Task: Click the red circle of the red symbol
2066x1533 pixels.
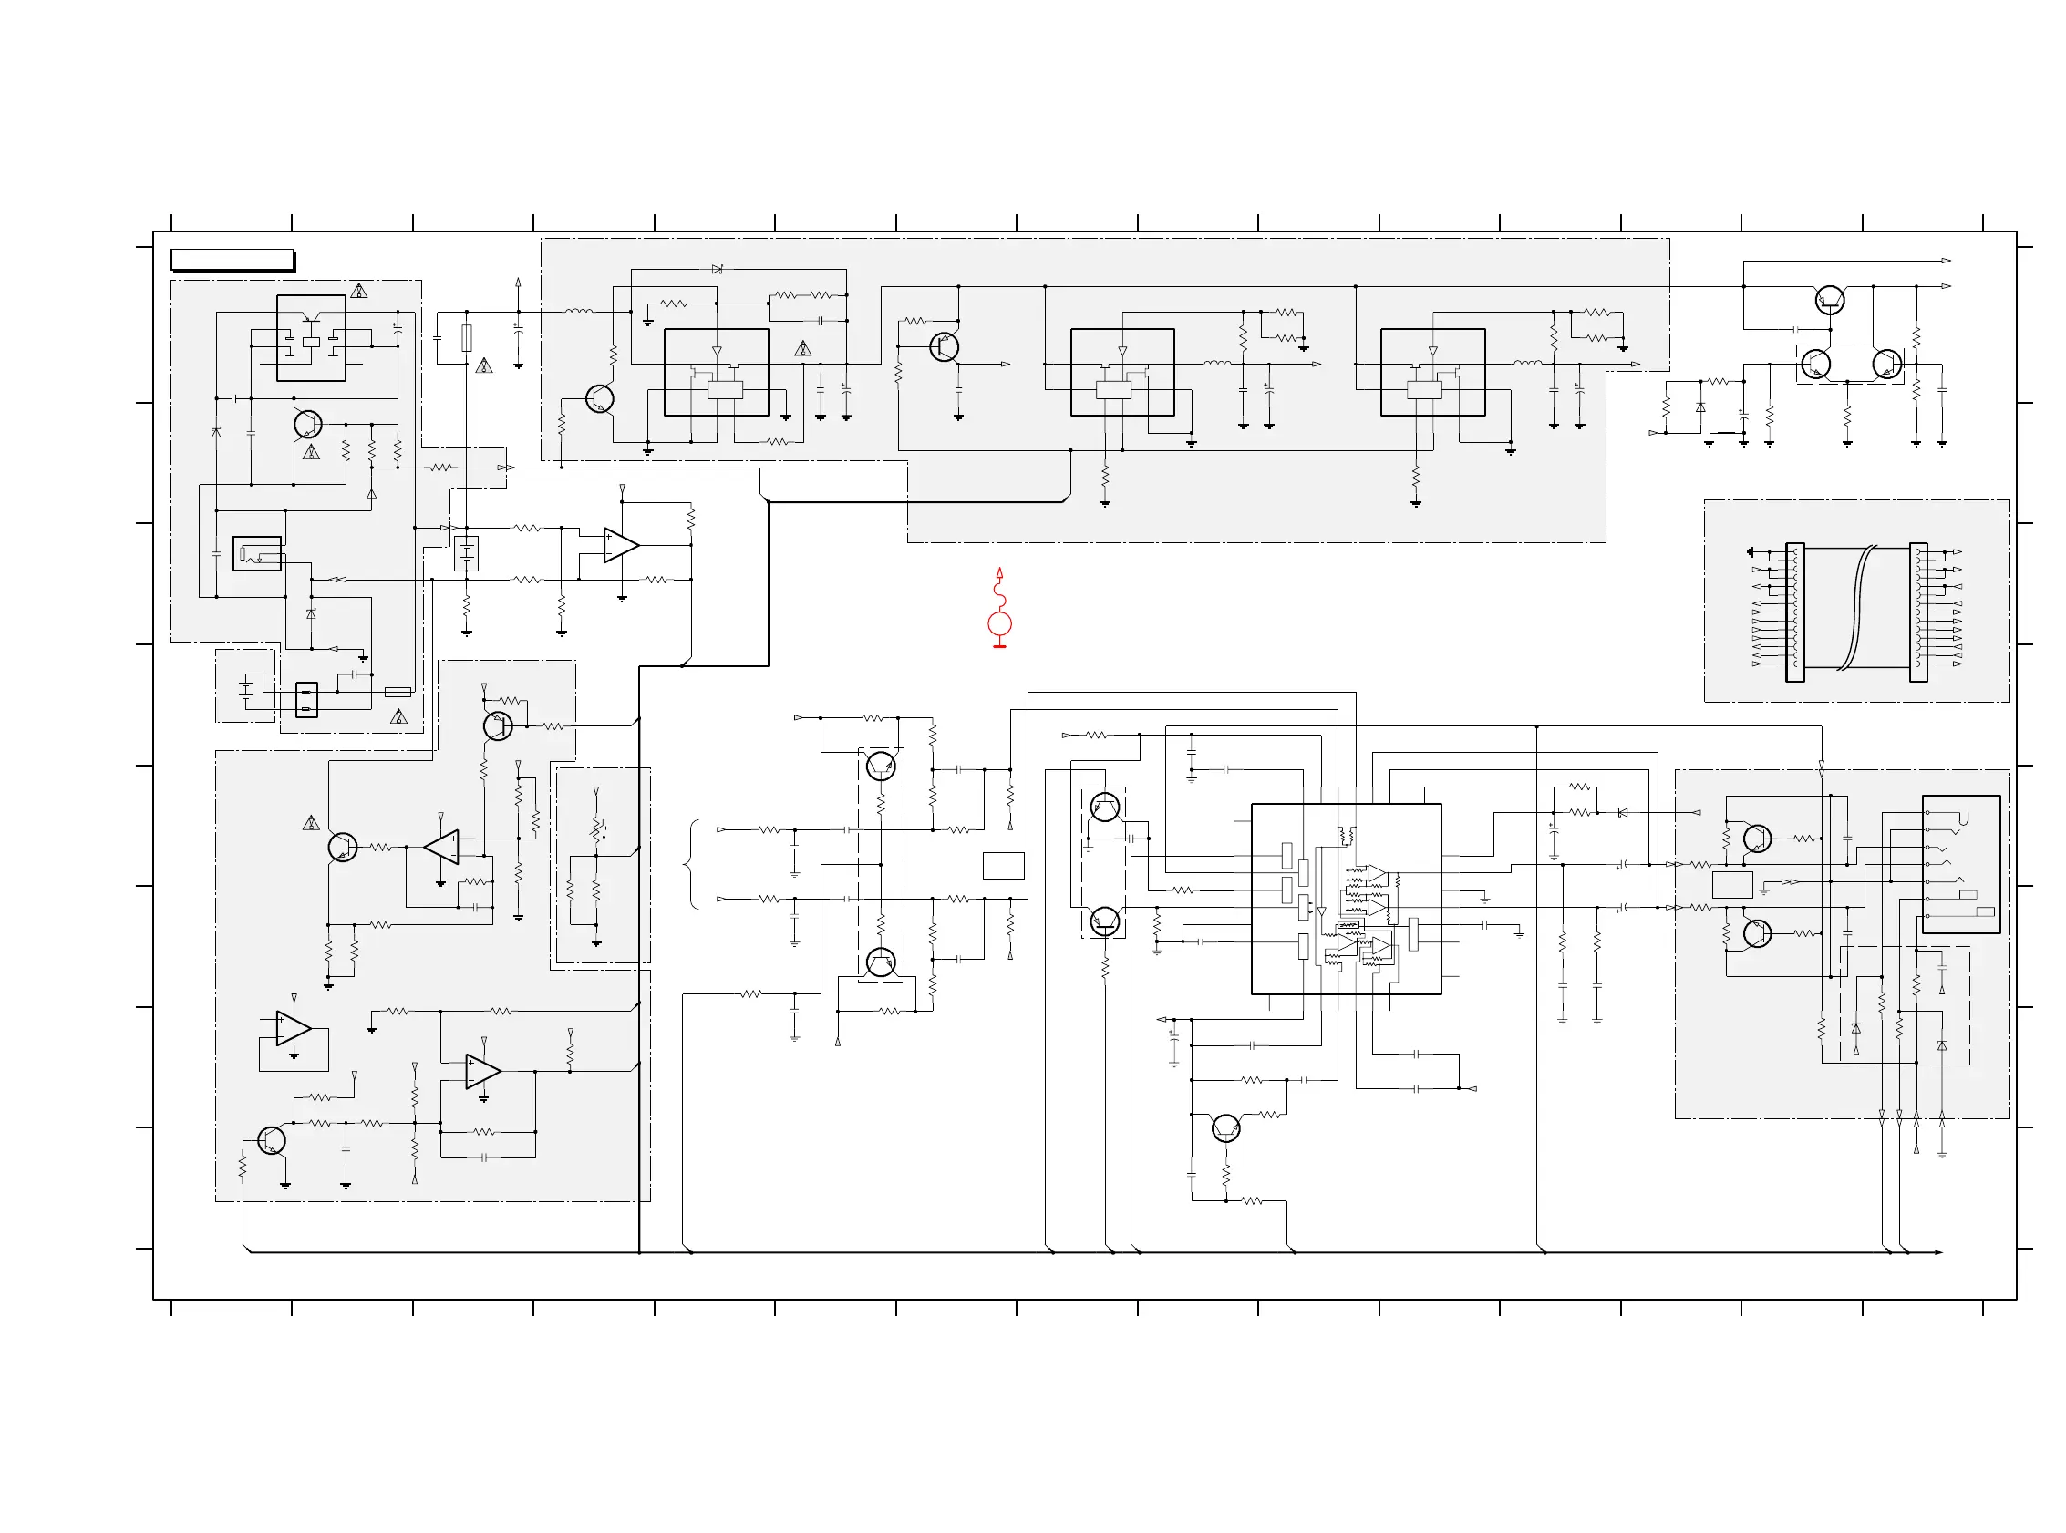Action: click(998, 623)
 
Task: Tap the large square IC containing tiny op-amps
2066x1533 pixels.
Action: click(1345, 899)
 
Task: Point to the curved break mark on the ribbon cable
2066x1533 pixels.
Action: click(1861, 608)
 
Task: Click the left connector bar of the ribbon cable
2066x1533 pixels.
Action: click(1794, 612)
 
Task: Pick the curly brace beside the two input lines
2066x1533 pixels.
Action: click(691, 864)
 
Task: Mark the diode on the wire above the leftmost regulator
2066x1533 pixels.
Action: click(717, 269)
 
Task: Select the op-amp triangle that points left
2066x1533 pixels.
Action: click(442, 848)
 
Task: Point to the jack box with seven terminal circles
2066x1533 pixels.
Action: click(1960, 864)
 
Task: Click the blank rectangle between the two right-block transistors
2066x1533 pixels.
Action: click(1731, 884)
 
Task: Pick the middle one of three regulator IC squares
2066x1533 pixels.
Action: click(1121, 372)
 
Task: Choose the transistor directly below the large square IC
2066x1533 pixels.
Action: click(1225, 1127)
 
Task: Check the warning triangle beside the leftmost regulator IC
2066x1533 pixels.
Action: click(803, 349)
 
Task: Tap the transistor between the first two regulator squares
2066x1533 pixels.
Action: click(944, 347)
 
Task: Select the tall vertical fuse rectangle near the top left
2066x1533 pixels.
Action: click(467, 338)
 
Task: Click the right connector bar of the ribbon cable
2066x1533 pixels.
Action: click(1917, 612)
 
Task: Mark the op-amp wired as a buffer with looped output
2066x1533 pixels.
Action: click(294, 1028)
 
